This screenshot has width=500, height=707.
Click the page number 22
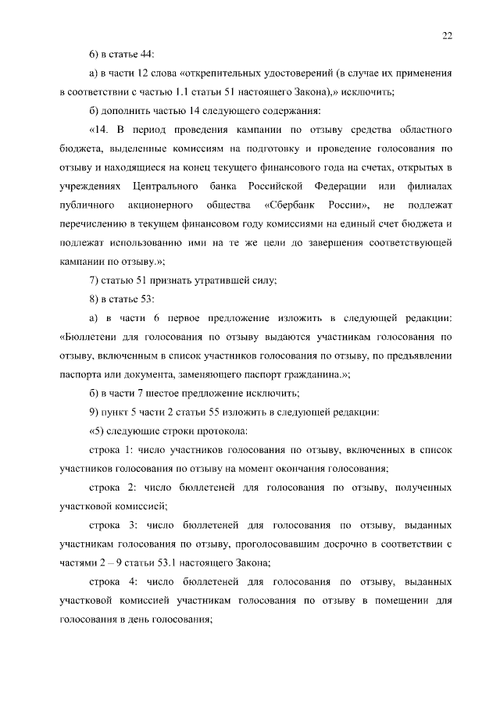(x=447, y=34)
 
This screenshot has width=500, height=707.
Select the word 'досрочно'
(x=334, y=543)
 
